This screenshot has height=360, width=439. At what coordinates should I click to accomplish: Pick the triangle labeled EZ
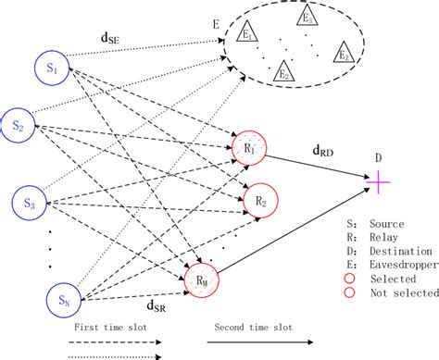click(342, 53)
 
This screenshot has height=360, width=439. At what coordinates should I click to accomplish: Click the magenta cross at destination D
click(379, 182)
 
